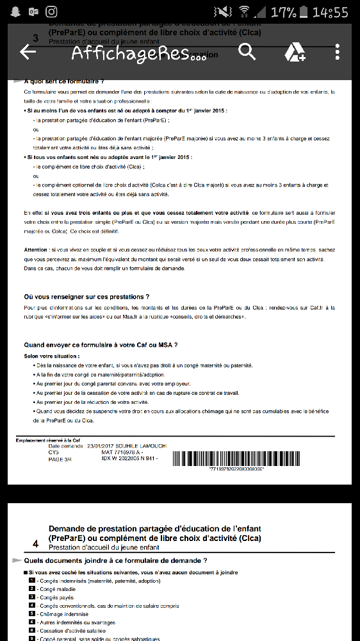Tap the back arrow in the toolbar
coord(28,52)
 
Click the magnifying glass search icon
coord(247,52)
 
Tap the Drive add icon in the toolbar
coord(294,52)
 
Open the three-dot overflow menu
coord(337,52)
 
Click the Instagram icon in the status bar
coord(51,12)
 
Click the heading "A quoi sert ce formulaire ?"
coord(63,81)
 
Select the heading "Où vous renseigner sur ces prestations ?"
coord(86,297)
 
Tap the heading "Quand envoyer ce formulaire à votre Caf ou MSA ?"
coord(101,345)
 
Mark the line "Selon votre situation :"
coord(52,356)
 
